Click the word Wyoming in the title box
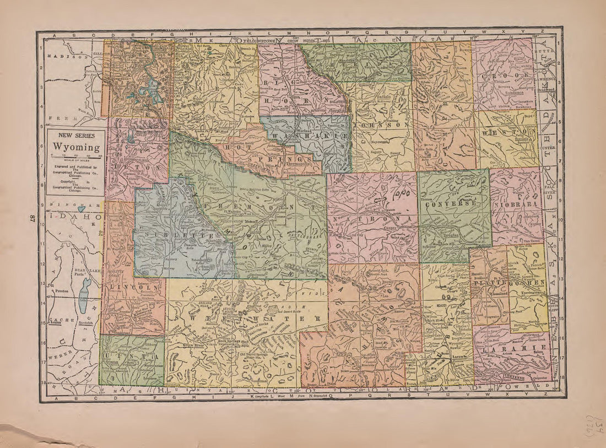tap(76, 148)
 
